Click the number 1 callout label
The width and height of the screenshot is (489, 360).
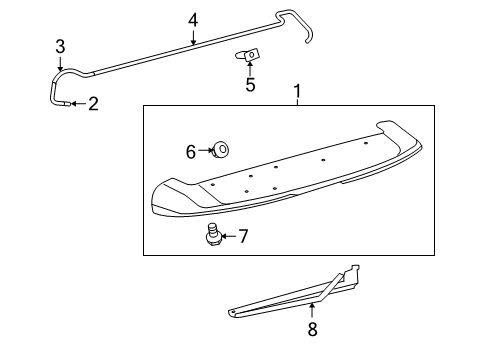296,92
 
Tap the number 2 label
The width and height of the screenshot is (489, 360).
93,104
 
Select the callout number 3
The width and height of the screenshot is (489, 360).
60,46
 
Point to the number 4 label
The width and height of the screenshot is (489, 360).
193,19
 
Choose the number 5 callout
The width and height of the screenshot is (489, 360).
250,85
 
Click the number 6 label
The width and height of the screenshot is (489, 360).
191,151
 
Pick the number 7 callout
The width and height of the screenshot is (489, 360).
243,236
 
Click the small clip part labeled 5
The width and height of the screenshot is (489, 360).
249,55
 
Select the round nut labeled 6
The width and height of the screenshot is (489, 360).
220,151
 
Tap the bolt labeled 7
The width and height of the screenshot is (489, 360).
211,236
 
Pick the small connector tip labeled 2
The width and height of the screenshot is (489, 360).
66,103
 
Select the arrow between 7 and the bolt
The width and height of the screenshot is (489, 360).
228,236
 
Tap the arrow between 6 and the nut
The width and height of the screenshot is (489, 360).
205,151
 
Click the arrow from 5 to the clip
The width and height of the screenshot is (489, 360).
250,70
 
